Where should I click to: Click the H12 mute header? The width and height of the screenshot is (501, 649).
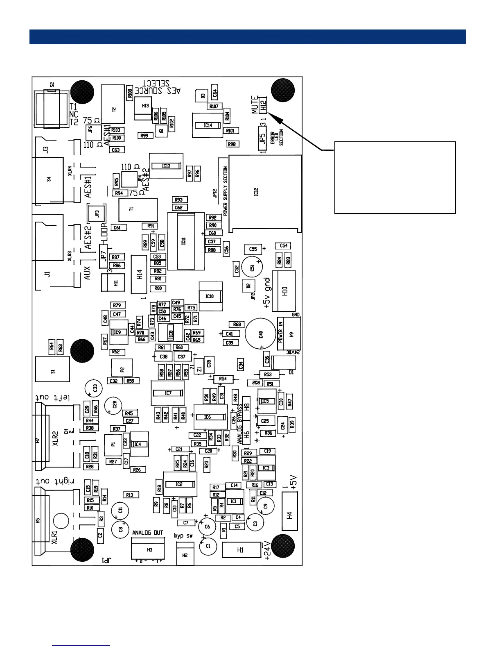pos(263,104)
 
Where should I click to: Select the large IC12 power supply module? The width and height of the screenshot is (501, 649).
pos(265,192)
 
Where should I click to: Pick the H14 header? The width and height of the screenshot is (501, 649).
pos(139,274)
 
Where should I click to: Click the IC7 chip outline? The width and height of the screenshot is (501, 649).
pos(168,393)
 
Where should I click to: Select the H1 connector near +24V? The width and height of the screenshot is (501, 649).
pos(241,550)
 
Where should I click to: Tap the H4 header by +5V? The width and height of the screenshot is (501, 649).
pos(289,515)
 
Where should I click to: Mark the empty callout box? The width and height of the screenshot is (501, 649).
pos(395,177)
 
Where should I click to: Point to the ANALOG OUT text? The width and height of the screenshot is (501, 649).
pos(147,533)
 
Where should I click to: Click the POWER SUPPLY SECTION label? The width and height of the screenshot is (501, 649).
pos(225,191)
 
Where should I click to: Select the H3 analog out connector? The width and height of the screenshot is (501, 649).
pos(148,549)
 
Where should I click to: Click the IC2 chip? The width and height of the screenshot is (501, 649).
pos(179,484)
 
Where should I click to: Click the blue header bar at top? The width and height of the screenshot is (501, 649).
pos(247,36)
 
